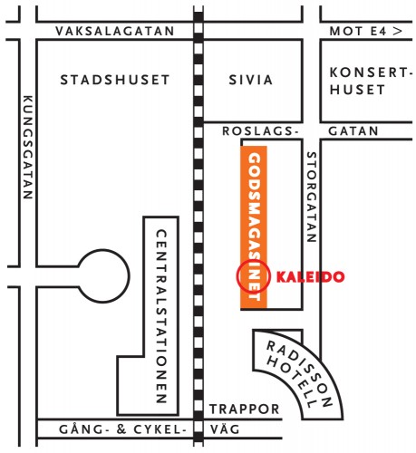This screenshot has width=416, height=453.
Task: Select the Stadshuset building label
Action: click(114, 80)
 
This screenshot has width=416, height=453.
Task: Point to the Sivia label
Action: click(251, 80)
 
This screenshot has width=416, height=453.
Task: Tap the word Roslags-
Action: click(260, 131)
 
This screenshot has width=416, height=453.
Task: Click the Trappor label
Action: click(244, 410)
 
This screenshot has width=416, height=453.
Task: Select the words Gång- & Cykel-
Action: click(112, 430)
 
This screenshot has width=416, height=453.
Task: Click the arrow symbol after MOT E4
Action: click(396, 31)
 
